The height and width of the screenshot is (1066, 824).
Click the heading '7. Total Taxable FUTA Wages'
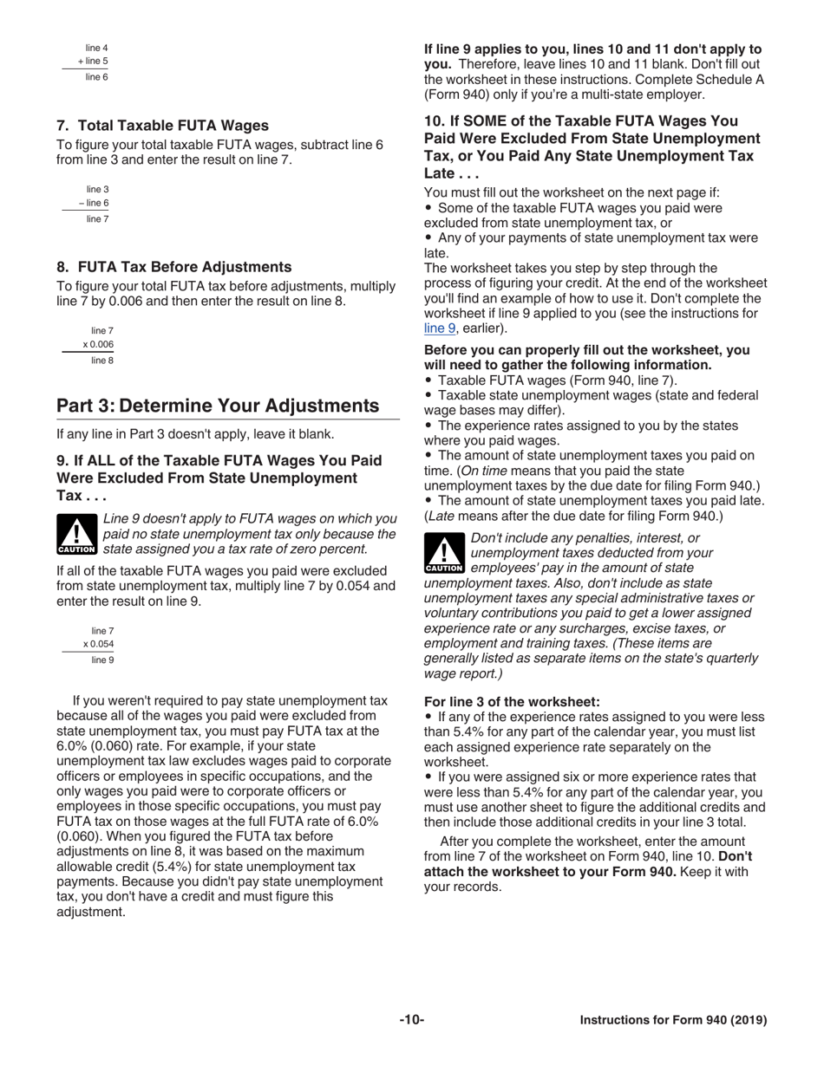click(162, 126)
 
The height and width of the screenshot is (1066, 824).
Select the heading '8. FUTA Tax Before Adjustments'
click(173, 267)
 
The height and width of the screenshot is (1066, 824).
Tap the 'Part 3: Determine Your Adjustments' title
click(218, 406)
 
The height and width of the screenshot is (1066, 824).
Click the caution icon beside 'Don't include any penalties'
click(444, 553)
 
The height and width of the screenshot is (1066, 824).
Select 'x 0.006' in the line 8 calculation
click(98, 345)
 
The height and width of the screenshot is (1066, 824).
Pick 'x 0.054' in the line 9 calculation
click(98, 644)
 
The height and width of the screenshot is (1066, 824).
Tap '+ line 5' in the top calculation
click(92, 62)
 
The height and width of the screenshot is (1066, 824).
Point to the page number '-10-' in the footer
click(411, 1020)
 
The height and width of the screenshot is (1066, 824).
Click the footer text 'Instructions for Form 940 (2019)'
click(673, 1020)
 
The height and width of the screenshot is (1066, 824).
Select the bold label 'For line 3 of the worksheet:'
click(512, 702)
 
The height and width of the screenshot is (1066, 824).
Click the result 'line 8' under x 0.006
click(102, 361)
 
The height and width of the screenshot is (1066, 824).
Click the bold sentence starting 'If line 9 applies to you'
click(592, 49)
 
